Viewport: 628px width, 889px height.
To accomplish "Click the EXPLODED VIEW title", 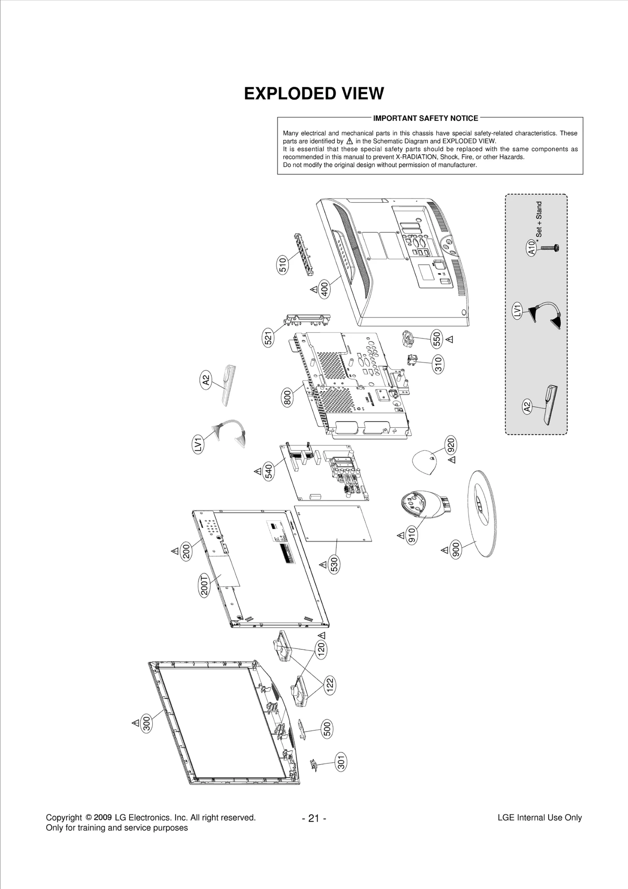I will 314,94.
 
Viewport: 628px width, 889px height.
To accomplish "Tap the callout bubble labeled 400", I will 325,290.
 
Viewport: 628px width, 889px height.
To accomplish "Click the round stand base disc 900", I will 484,514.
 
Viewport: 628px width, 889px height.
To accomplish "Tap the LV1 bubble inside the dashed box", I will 518,311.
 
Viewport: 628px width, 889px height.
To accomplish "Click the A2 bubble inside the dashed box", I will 527,406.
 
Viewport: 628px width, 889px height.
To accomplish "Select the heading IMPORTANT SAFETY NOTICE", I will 425,118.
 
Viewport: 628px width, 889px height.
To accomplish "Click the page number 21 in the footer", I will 314,818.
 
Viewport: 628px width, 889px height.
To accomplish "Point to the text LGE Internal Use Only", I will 539,818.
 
